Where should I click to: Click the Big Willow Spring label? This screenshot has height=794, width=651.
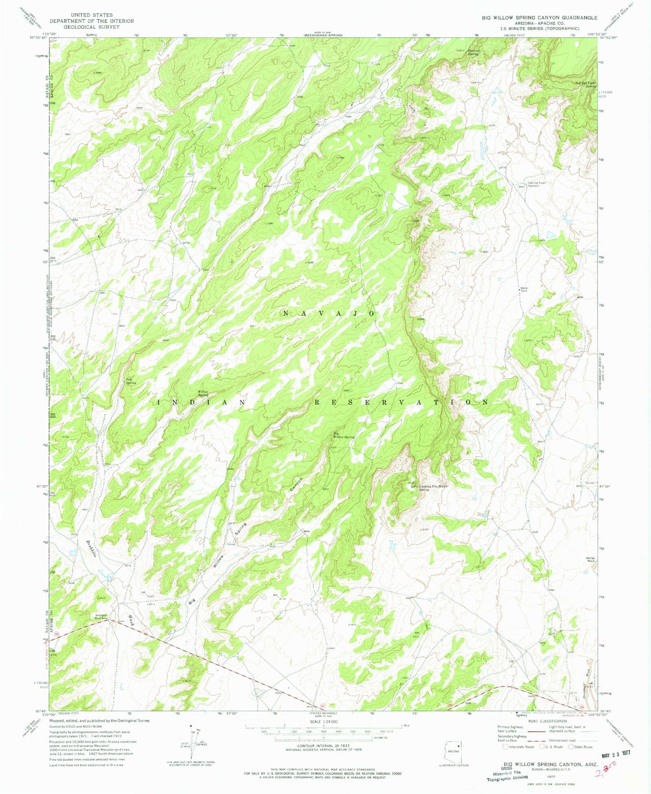[344, 436]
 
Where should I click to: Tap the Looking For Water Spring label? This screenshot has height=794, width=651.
[433, 488]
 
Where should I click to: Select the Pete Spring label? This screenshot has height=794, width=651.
[131, 381]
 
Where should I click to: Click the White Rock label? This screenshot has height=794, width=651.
[590, 560]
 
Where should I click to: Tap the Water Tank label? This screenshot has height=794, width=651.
[524, 290]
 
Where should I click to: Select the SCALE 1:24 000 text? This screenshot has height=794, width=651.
[323, 735]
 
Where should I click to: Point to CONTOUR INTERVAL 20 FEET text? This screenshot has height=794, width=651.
[323, 758]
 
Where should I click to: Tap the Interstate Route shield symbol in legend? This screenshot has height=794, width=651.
[506, 747]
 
